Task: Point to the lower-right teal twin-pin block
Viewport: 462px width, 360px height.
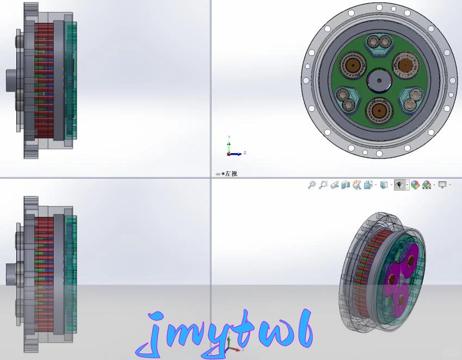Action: click(411, 98)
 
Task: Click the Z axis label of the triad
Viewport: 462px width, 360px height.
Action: click(245, 153)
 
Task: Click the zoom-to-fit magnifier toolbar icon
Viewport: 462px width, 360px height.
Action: click(312, 185)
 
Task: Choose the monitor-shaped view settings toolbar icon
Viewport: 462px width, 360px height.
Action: click(442, 185)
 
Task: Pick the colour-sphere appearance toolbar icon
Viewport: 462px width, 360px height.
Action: click(415, 185)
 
